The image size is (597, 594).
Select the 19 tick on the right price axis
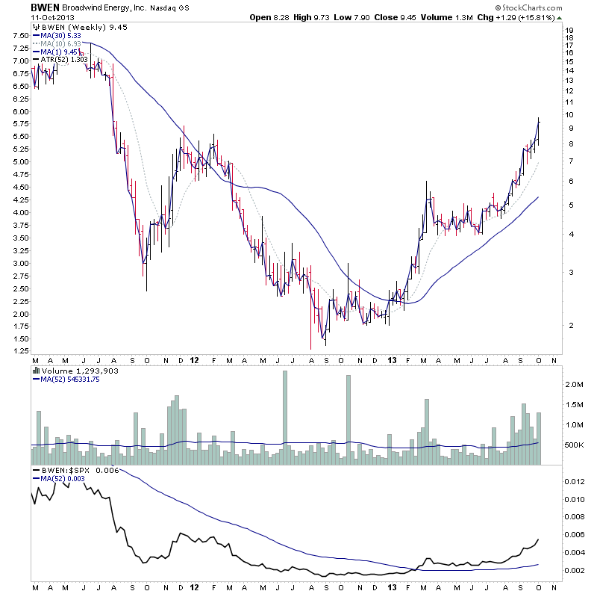point(569,31)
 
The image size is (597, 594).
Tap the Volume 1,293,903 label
point(75,370)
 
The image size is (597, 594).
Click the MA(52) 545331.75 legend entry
point(69,379)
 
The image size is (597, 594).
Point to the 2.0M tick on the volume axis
point(574,384)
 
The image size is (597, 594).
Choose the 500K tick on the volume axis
point(573,445)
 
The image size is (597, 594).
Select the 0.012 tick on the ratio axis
point(573,481)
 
